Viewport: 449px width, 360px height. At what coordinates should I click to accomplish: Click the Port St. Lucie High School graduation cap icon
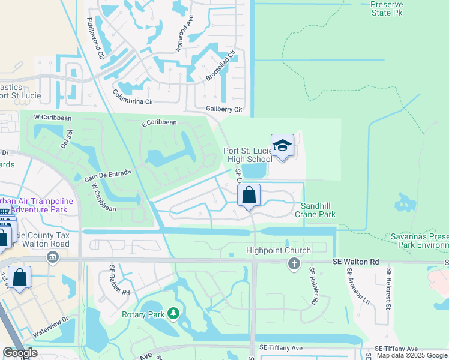(282, 145)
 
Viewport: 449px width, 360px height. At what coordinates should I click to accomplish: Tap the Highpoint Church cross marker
(294, 263)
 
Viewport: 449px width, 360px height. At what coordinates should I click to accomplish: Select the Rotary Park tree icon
(173, 313)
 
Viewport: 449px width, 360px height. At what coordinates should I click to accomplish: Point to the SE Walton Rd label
(357, 262)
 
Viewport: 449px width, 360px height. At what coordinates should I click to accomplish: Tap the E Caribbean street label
(159, 122)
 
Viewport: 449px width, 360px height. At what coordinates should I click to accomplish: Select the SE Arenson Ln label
(349, 286)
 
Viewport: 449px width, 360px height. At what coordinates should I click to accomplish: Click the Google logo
(20, 353)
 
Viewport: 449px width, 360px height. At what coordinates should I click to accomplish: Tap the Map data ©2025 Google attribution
(412, 355)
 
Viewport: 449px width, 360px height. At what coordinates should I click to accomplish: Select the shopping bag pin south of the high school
(249, 196)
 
